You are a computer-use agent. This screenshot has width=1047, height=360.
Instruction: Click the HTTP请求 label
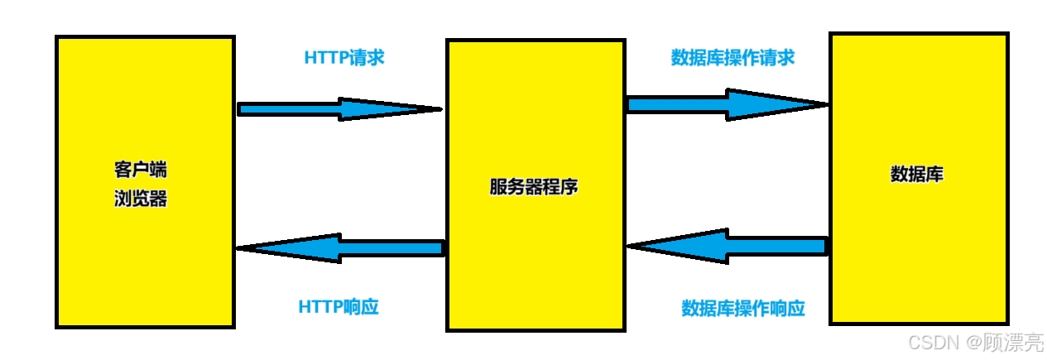[344, 58]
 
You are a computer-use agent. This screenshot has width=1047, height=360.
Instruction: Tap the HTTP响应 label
[339, 306]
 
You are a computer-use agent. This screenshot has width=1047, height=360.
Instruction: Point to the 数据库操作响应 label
[742, 309]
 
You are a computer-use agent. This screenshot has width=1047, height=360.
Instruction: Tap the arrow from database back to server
[728, 246]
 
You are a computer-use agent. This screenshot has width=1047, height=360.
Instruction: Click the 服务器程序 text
[534, 186]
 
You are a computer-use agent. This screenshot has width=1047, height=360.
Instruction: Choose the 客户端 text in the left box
[140, 170]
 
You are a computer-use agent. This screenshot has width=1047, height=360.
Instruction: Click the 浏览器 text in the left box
[140, 199]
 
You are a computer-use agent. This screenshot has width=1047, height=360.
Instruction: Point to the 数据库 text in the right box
[916, 175]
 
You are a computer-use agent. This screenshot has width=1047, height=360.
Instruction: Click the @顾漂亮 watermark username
[1001, 342]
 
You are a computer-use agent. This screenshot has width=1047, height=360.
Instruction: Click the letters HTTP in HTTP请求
[326, 58]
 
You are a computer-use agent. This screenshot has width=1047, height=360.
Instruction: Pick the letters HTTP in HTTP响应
[320, 306]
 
